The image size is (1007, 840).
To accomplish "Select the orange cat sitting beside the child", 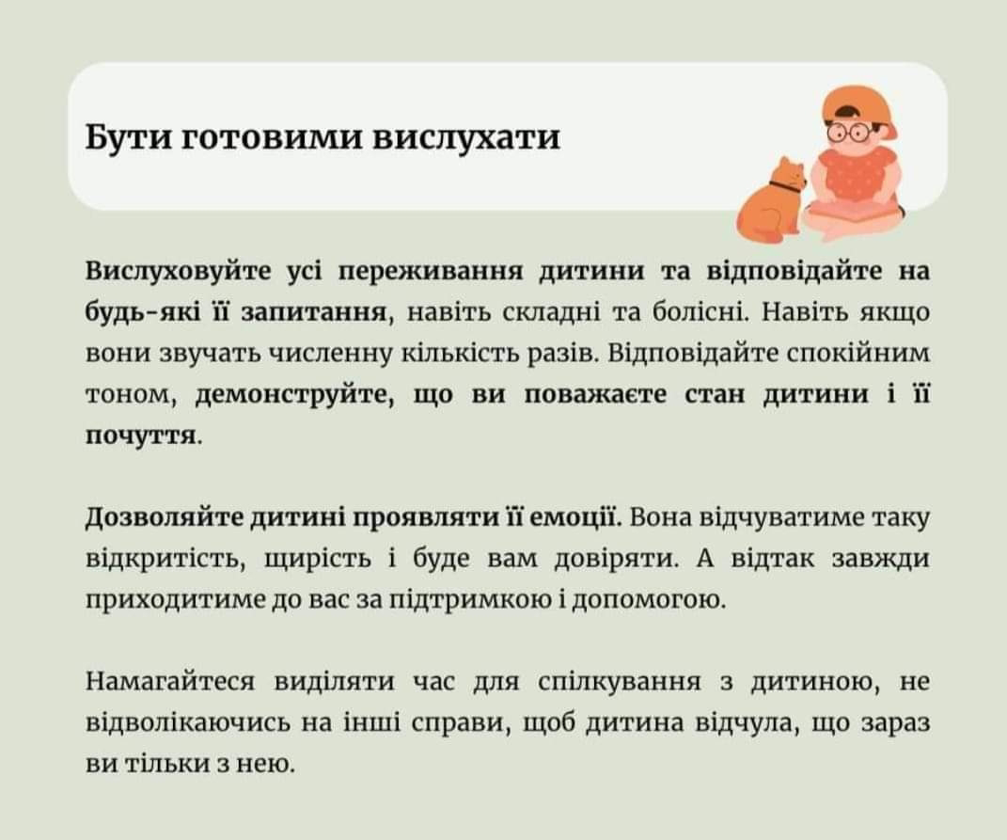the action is pos(771,199).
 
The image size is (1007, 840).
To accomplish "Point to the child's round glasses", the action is pos(849,131).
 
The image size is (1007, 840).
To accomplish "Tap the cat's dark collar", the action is pos(785,188).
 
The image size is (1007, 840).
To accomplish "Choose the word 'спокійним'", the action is pos(858,355).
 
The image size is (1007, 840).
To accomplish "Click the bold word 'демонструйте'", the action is pos(294,395).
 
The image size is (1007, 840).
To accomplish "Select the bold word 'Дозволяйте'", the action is pos(164,517).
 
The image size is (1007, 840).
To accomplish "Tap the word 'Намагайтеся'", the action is pos(170,682).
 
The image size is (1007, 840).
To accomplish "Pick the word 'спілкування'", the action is pos(619,682).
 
